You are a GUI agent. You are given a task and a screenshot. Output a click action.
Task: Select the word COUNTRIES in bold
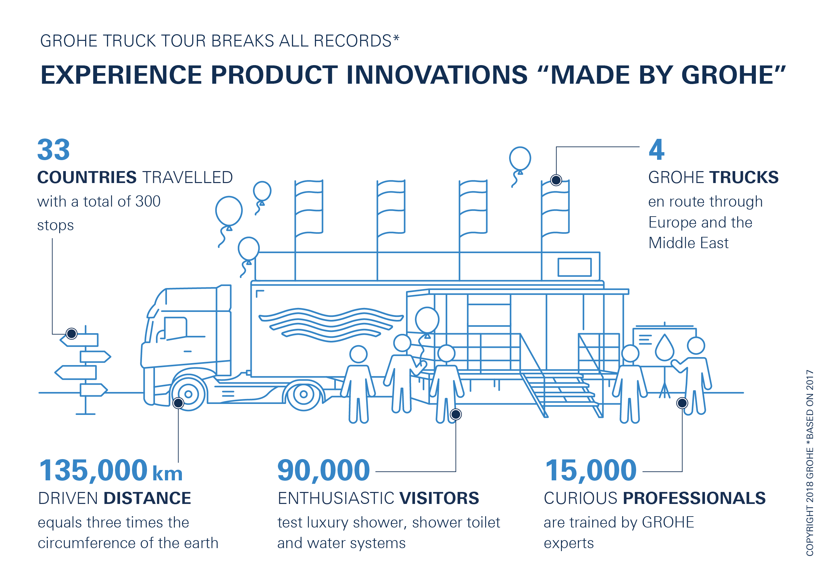click(87, 177)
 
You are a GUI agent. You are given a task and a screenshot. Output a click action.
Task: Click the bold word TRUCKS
click(744, 177)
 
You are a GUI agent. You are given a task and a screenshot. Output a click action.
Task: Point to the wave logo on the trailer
click(331, 323)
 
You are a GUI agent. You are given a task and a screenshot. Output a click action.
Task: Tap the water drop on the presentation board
click(664, 347)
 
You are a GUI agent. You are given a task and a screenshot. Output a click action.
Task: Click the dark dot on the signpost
click(71, 334)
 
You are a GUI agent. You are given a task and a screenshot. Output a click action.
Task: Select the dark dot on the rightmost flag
click(556, 180)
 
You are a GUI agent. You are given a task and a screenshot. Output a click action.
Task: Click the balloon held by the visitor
click(427, 320)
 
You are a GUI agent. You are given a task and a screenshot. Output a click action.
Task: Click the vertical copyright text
click(810, 463)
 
